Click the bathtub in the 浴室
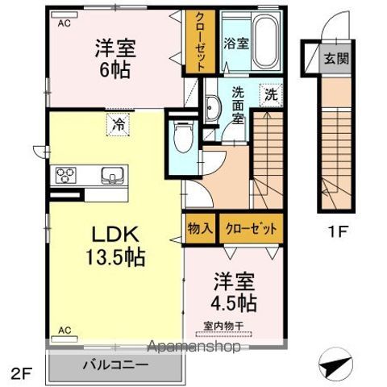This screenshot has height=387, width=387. click(x=265, y=41)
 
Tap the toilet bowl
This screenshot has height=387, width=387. click(x=183, y=137)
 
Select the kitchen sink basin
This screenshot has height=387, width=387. click(x=112, y=175)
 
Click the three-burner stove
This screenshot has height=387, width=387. click(x=66, y=175)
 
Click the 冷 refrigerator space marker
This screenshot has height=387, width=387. click(x=118, y=125)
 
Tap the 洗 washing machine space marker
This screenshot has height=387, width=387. click(x=271, y=95)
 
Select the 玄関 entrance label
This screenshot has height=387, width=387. click(x=336, y=58)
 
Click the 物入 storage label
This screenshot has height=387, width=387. click(x=200, y=229)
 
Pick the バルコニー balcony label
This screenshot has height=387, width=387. click(x=116, y=365)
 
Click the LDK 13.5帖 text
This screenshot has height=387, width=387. click(x=115, y=246)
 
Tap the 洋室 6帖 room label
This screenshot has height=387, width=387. click(x=115, y=59)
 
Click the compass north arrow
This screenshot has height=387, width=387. click(x=335, y=364)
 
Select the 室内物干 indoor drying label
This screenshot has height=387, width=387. click(x=223, y=327)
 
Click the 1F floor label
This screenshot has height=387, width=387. click(x=337, y=231)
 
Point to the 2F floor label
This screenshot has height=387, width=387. click(x=22, y=373)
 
